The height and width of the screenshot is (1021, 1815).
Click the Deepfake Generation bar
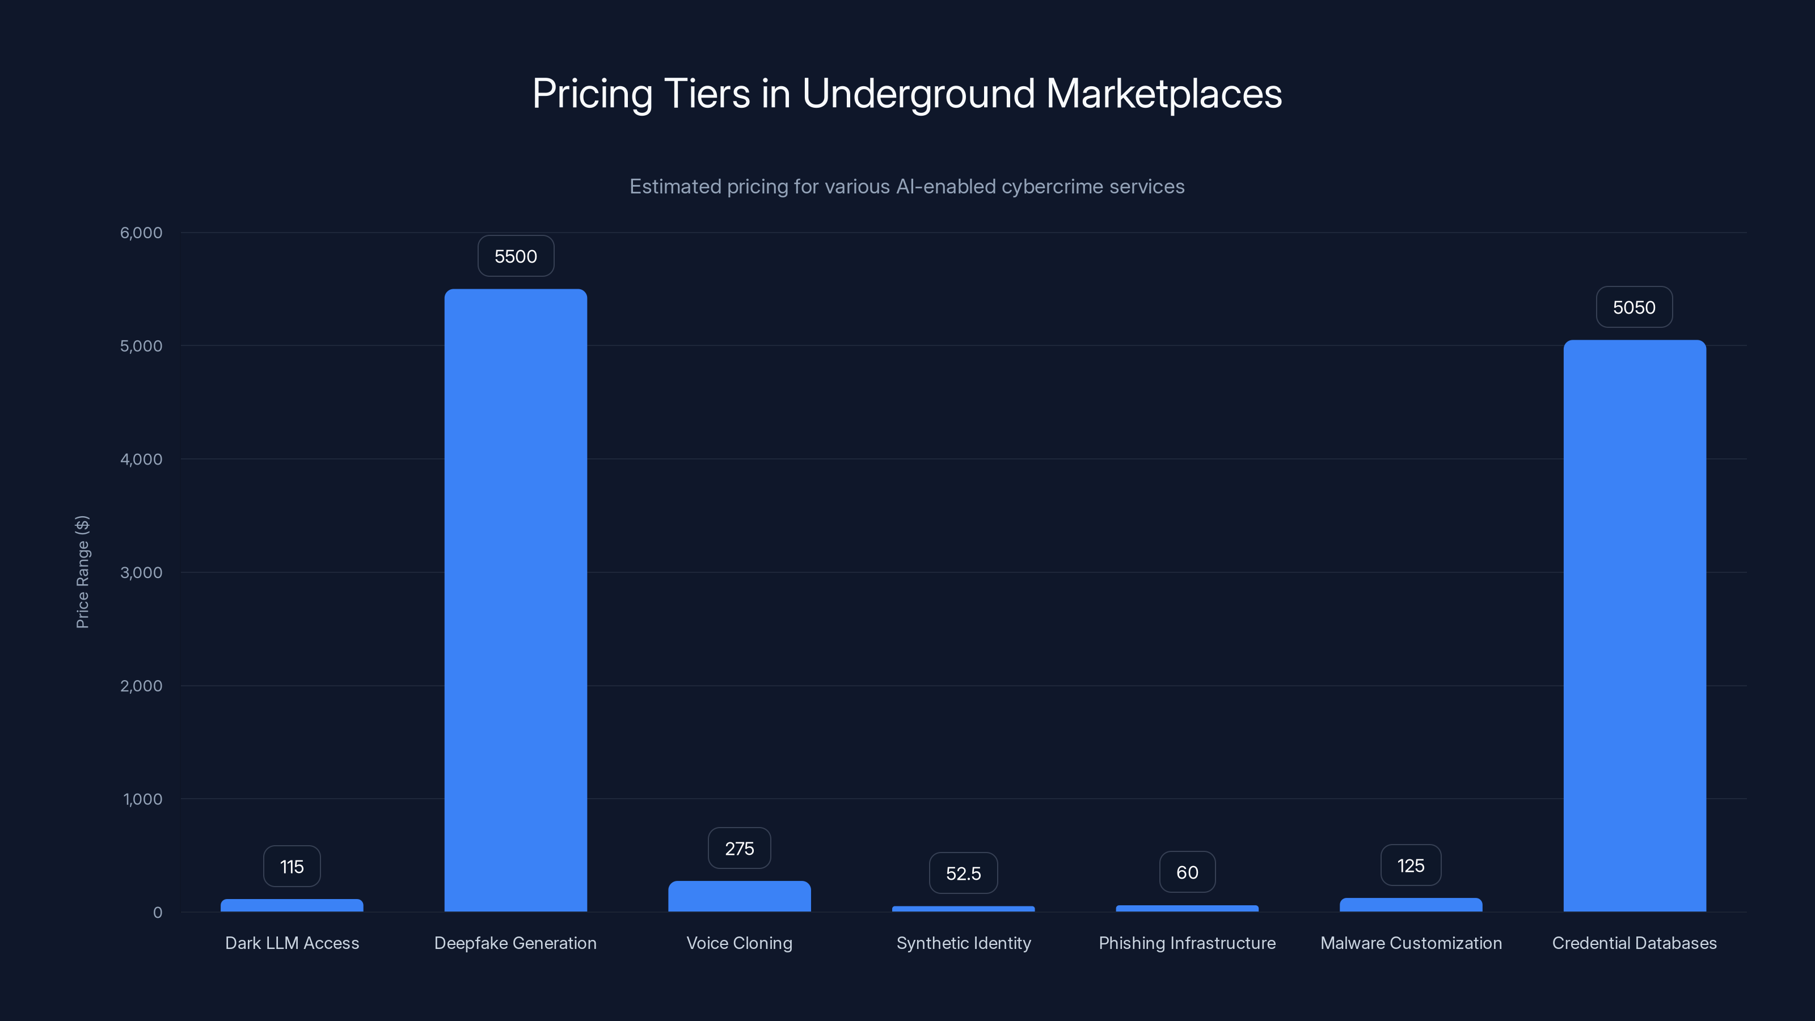515,600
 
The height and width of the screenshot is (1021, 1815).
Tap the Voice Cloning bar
739,896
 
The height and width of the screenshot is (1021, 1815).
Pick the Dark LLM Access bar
292,905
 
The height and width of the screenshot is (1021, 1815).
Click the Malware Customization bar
1411,905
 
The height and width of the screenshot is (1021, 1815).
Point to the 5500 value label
515,256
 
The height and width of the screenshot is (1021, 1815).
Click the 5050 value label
1634,307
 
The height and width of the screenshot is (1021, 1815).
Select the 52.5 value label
963,874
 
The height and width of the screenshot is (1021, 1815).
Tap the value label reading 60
1187,872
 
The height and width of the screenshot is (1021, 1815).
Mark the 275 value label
739,849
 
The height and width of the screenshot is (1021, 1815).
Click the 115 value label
292,867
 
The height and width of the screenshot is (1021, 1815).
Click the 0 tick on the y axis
157,913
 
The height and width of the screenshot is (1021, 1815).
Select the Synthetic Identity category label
963,943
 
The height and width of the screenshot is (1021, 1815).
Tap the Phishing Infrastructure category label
1187,943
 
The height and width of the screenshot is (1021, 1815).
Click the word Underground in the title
918,94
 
